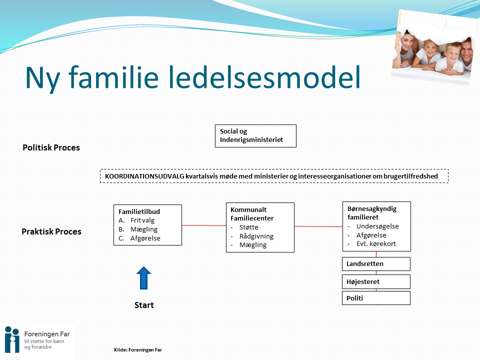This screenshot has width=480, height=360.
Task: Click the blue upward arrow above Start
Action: [143, 278]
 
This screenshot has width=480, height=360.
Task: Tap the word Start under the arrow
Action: [144, 305]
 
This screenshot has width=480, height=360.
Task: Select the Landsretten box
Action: [376, 263]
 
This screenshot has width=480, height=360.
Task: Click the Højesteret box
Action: [376, 281]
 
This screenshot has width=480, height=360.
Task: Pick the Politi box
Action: [376, 298]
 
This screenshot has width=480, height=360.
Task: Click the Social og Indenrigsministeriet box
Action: [255, 136]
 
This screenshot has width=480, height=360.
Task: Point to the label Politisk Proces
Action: [51, 147]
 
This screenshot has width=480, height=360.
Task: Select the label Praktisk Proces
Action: [51, 231]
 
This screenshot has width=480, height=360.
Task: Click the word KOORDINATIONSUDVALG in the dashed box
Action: [144, 176]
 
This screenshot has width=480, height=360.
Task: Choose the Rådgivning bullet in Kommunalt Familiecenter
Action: [256, 236]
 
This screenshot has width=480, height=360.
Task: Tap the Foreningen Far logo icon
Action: [11, 339]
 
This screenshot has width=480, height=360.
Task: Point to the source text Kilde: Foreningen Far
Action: [138, 350]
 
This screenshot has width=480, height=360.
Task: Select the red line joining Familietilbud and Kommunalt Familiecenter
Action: [203, 225]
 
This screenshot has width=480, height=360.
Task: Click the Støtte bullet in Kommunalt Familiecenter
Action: [249, 227]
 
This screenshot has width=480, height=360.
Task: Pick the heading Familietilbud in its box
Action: [139, 211]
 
